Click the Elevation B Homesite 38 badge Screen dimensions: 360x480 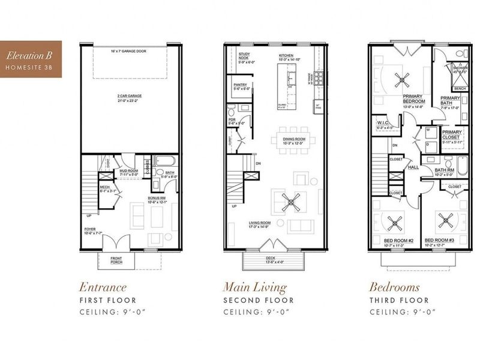pos(28,61)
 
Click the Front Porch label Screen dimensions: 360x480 pos(117,260)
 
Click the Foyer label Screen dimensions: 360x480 pos(89,232)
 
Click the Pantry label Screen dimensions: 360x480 pos(241,87)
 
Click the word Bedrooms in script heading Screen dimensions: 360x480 pos(394,287)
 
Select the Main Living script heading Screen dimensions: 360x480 pos(254,287)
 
